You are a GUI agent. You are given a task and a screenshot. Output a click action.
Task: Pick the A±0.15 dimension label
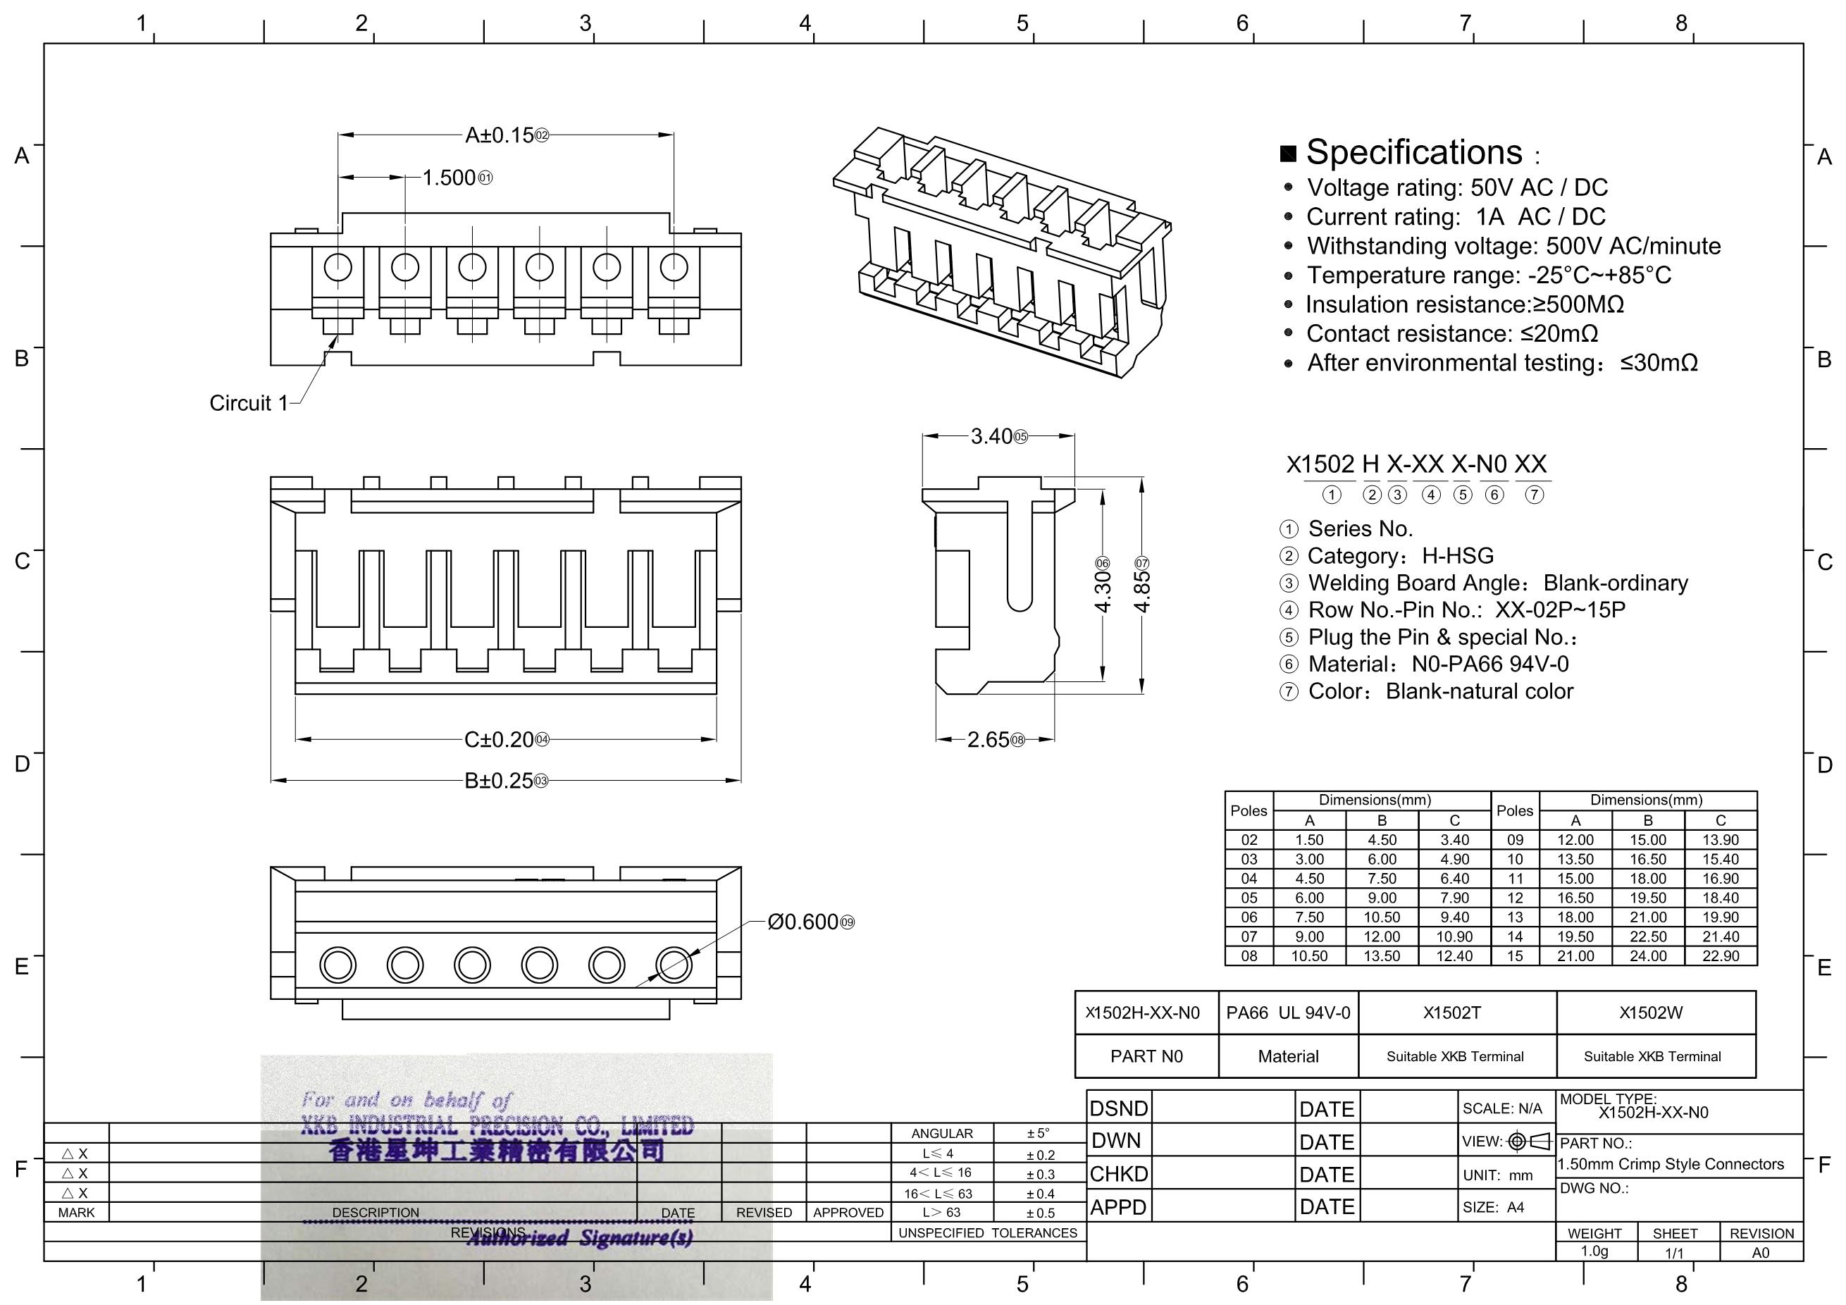tap(500, 135)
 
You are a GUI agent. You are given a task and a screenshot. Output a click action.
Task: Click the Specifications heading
tap(1413, 152)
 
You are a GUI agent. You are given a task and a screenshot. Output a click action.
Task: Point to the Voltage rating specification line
tap(1456, 187)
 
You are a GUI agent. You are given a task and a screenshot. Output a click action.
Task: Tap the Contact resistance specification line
tap(1451, 334)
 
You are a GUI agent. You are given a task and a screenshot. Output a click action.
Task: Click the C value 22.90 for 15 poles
tap(1720, 956)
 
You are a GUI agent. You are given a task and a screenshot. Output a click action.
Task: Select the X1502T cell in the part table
tap(1451, 1013)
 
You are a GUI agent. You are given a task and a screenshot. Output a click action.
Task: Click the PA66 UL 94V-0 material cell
tap(1287, 1013)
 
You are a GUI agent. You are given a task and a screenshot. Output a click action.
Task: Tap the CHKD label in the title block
tap(1118, 1175)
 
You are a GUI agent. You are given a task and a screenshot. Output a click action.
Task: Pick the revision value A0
tap(1760, 1253)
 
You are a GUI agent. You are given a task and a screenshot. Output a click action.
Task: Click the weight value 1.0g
tap(1594, 1251)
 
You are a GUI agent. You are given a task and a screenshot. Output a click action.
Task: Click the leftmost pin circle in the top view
tap(337, 267)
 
